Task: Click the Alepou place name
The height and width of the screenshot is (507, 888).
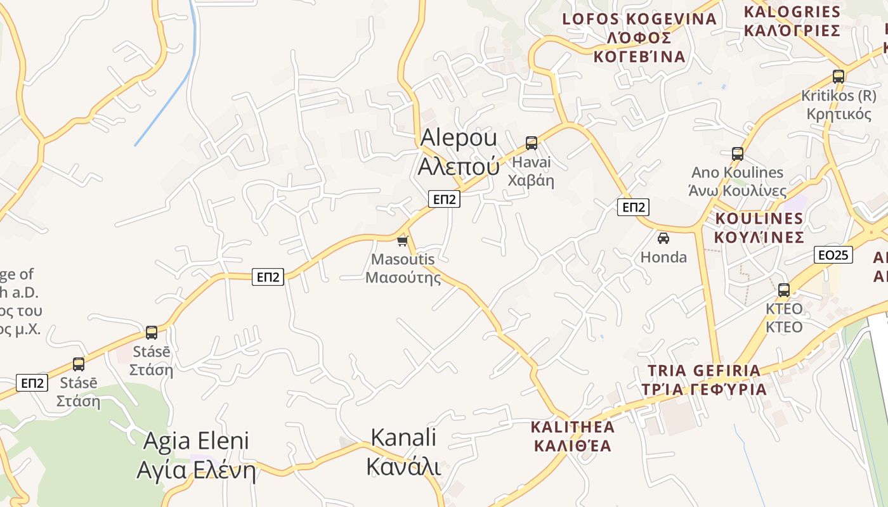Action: [459, 151]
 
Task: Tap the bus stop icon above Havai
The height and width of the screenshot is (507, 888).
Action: [532, 143]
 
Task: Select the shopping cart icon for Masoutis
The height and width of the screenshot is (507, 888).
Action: [402, 241]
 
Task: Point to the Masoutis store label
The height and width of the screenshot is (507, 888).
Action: [403, 268]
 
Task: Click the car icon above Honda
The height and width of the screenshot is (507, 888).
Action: [663, 238]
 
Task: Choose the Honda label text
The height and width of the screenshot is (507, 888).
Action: [663, 257]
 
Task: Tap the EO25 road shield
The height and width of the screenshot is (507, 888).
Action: [833, 255]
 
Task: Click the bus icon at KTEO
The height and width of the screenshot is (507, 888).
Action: [784, 290]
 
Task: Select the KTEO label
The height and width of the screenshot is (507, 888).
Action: [784, 318]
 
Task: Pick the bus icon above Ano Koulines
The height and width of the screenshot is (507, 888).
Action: [737, 153]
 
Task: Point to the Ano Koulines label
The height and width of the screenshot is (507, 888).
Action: [737, 181]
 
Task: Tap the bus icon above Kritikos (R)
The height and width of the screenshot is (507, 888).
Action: [839, 77]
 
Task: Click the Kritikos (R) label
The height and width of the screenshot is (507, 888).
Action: [839, 105]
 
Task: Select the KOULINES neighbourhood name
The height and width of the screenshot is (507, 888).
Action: [759, 228]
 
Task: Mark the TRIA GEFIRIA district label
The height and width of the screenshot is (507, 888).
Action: [703, 380]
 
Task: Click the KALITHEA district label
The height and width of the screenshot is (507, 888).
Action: [573, 435]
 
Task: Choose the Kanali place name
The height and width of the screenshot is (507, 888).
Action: [403, 452]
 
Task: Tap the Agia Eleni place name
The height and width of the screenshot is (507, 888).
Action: [196, 456]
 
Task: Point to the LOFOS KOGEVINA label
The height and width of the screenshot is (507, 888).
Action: [639, 37]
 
